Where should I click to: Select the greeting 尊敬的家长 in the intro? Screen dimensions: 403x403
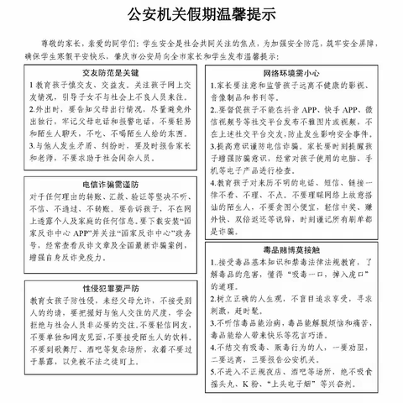57,39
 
